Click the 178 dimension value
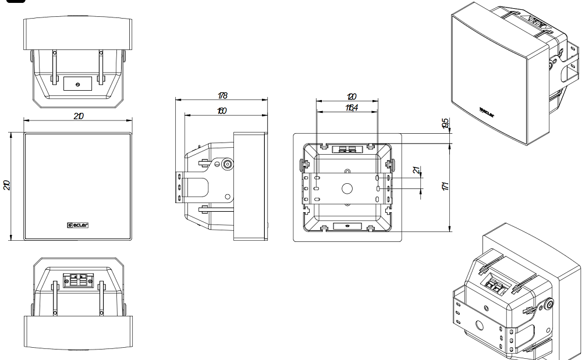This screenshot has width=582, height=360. pyautogui.click(x=222, y=95)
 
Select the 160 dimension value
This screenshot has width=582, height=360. pyautogui.click(x=222, y=111)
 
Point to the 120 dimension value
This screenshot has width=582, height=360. pyautogui.click(x=351, y=96)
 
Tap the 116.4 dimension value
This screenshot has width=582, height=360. pyautogui.click(x=351, y=108)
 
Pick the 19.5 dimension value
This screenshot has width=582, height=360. pyautogui.click(x=445, y=123)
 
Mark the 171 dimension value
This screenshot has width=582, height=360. pyautogui.click(x=445, y=186)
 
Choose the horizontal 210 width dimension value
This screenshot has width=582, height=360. pyautogui.click(x=78, y=116)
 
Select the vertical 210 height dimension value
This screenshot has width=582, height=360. pyautogui.click(x=7, y=185)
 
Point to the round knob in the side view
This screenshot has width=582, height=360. pyautogui.click(x=225, y=164)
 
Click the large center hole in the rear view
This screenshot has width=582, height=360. pyautogui.click(x=347, y=188)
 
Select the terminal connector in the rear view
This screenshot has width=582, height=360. pyautogui.click(x=347, y=149)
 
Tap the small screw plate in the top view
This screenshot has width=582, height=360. pyautogui.click(x=78, y=83)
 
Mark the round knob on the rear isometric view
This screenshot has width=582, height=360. pyautogui.click(x=548, y=303)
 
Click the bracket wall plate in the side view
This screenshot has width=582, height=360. pyautogui.click(x=180, y=187)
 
